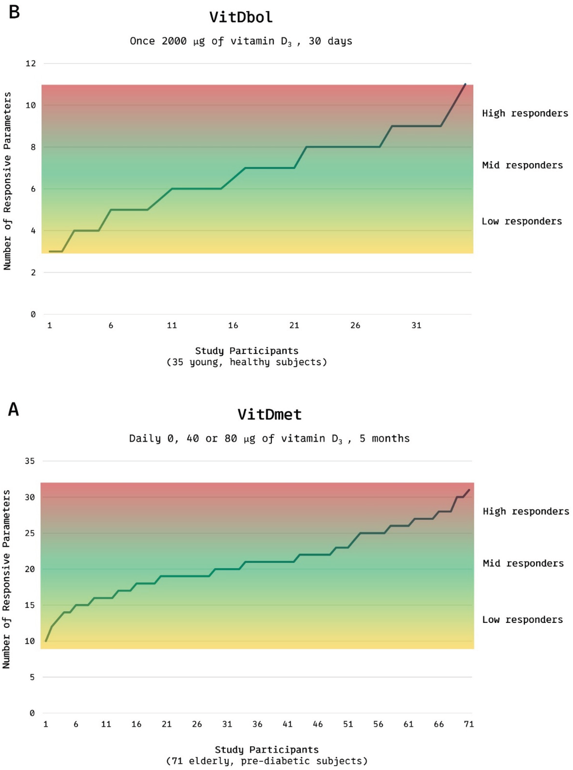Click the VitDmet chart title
pyautogui.click(x=270, y=414)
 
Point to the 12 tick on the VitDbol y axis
pyautogui.click(x=30, y=63)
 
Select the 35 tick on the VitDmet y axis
pyautogui.click(x=30, y=461)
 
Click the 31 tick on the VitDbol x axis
pyautogui.click(x=416, y=325)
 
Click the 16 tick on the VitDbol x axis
pyautogui.click(x=233, y=325)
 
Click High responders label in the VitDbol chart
pyautogui.click(x=525, y=113)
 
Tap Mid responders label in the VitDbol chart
pyautogui.click(x=522, y=165)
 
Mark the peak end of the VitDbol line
pyautogui.click(x=465, y=84)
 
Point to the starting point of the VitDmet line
pyautogui.click(x=46, y=641)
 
